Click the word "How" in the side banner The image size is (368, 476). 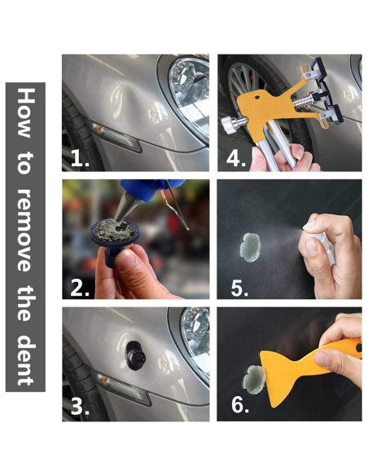(26, 113)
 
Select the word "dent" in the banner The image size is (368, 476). (26, 360)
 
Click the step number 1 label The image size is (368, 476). (80, 158)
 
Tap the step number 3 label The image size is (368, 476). (80, 406)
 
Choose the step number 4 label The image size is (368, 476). (236, 158)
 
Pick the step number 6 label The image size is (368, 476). (240, 404)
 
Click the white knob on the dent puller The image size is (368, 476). (228, 125)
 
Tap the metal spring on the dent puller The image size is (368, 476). (302, 101)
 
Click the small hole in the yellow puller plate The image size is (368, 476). (257, 98)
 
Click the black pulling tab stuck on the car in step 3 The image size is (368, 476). (135, 355)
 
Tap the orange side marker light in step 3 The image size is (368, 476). (103, 379)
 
